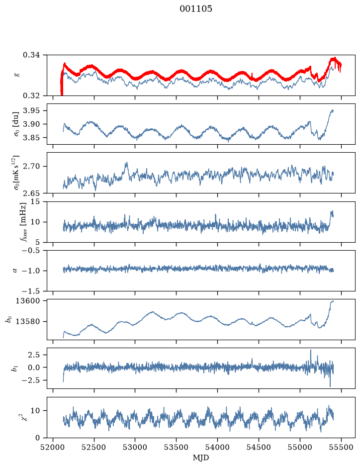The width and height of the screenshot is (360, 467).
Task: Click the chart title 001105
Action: (x=196, y=8)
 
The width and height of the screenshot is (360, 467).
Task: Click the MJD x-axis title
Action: (x=201, y=458)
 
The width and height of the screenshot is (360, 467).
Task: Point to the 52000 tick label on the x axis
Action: (x=53, y=447)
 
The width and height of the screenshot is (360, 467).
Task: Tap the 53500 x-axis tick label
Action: (x=177, y=447)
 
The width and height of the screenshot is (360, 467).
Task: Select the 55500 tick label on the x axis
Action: (x=341, y=447)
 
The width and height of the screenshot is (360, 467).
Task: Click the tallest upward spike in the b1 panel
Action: (x=311, y=351)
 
